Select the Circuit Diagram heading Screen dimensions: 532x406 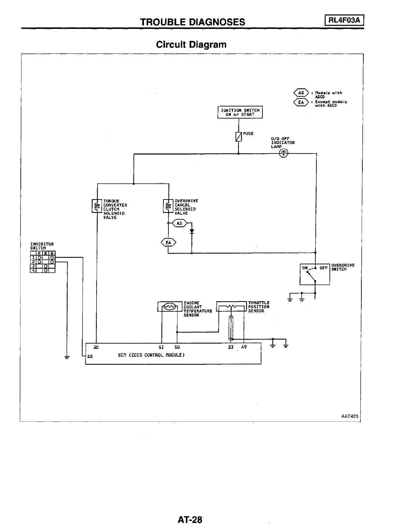pos(191,44)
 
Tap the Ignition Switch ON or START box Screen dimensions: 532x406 pos(240,112)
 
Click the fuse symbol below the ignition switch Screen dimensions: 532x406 pos(239,137)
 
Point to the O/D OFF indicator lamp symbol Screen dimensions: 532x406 pos(284,154)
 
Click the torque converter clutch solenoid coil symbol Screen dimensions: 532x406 pos(97,206)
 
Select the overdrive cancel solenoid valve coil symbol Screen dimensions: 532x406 pos(168,206)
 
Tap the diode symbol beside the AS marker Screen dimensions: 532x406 pos(192,231)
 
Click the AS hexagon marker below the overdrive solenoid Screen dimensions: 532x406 pos(179,223)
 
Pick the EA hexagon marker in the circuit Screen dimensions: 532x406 pos(168,242)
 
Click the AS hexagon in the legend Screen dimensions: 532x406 pos(301,93)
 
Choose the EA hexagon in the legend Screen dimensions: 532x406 pos(301,102)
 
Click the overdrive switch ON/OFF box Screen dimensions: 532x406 pos(315,274)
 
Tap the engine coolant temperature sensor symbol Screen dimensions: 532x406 pos(169,306)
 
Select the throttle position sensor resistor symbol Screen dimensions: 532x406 pos(232,306)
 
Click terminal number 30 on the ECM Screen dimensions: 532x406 pos(96,347)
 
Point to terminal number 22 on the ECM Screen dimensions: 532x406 pos(90,356)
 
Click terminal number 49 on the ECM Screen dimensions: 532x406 pos(244,347)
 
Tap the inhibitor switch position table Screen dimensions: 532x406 pos(43,261)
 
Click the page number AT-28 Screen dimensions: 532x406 pos(190,520)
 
